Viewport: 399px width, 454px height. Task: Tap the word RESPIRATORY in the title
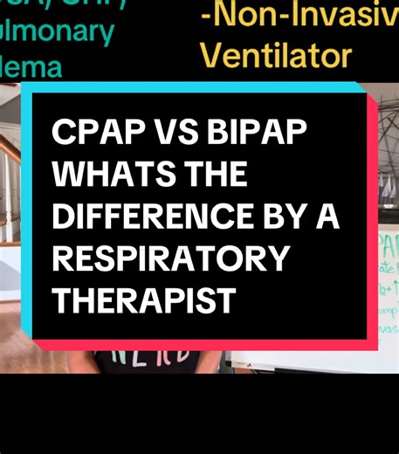169,258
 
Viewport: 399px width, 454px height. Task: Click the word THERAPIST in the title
144,299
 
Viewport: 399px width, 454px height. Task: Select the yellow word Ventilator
276,56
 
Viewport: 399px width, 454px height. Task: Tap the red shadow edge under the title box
201,345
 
